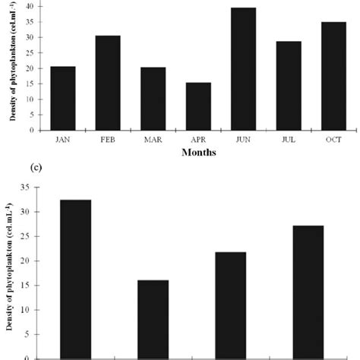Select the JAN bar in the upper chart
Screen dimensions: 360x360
click(62, 98)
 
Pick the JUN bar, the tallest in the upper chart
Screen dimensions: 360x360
click(244, 69)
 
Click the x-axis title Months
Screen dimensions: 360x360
click(198, 152)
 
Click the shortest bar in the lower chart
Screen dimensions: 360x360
click(153, 319)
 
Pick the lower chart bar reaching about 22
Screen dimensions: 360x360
click(230, 305)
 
